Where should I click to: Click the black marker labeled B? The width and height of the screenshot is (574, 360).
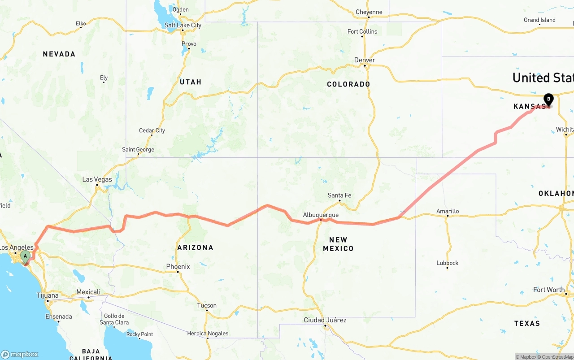548,100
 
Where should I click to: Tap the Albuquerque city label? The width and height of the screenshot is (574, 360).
321,215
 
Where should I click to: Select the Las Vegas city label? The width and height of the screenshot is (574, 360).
97,179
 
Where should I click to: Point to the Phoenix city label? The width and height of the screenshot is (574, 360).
178,267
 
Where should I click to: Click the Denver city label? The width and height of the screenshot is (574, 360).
365,60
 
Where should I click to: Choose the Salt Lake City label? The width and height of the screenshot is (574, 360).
183,25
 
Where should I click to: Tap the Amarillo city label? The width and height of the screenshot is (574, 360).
448,211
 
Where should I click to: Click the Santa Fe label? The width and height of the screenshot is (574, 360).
339,195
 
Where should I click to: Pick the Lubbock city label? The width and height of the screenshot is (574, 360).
448,263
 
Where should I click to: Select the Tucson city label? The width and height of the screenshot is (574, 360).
207,306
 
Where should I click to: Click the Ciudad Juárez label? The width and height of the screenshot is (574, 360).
325,320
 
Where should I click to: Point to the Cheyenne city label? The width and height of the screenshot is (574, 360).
369,12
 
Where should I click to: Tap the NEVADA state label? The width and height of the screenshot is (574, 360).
59,54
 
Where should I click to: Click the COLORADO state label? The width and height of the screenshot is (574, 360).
348,84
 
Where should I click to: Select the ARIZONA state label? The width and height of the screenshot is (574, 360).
195,247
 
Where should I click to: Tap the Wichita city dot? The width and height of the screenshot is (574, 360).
566,134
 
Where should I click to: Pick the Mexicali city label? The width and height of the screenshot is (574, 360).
88,292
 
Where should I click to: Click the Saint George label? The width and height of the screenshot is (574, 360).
138,150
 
